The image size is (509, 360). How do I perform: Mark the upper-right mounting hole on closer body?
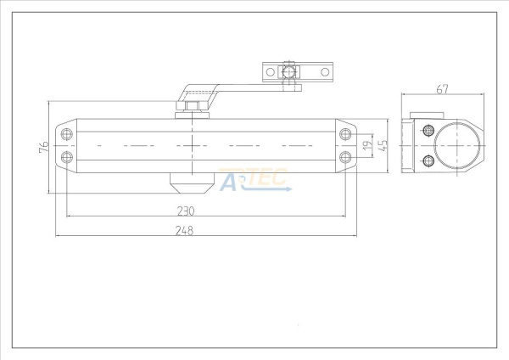coord(344,134)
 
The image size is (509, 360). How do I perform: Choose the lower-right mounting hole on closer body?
coord(344,156)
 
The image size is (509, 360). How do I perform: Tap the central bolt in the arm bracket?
coord(288,73)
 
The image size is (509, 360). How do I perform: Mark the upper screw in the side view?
coord(428,130)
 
